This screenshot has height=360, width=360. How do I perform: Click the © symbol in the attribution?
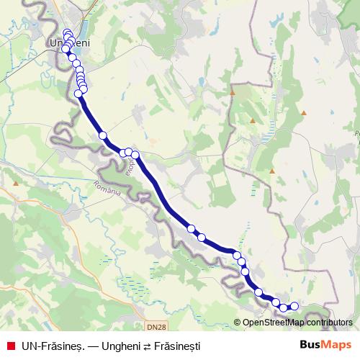tap(238, 323)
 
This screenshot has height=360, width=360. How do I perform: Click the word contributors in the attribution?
tap(327, 323)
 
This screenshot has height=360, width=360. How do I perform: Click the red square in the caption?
tap(10, 346)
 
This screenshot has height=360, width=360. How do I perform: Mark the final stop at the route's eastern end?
tap(294, 307)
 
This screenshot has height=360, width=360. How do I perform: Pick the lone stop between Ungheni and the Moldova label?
tap(103, 135)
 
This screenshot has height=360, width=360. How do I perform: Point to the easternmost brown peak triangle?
tap(304, 112)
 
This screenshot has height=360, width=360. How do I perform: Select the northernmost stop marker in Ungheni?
tap(67, 32)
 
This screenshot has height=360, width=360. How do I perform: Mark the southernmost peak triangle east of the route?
tap(272, 171)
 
